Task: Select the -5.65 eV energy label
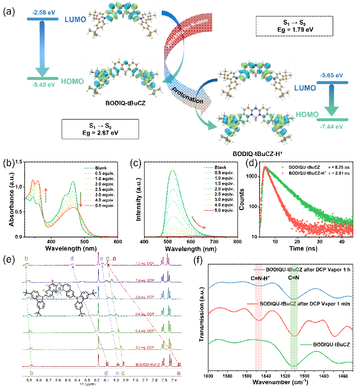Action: coord(332,75)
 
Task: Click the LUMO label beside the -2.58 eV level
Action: coord(75,20)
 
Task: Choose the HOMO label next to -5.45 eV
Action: coord(72,81)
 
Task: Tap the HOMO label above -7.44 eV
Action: coord(307,115)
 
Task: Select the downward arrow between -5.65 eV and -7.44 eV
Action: coord(332,101)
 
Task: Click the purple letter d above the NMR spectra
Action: coord(72,259)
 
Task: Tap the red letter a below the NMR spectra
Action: coord(179,373)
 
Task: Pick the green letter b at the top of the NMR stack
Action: coord(26,259)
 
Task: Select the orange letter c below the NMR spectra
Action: coord(123,373)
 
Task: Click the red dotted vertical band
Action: coord(259,317)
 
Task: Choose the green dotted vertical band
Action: coord(294,317)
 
